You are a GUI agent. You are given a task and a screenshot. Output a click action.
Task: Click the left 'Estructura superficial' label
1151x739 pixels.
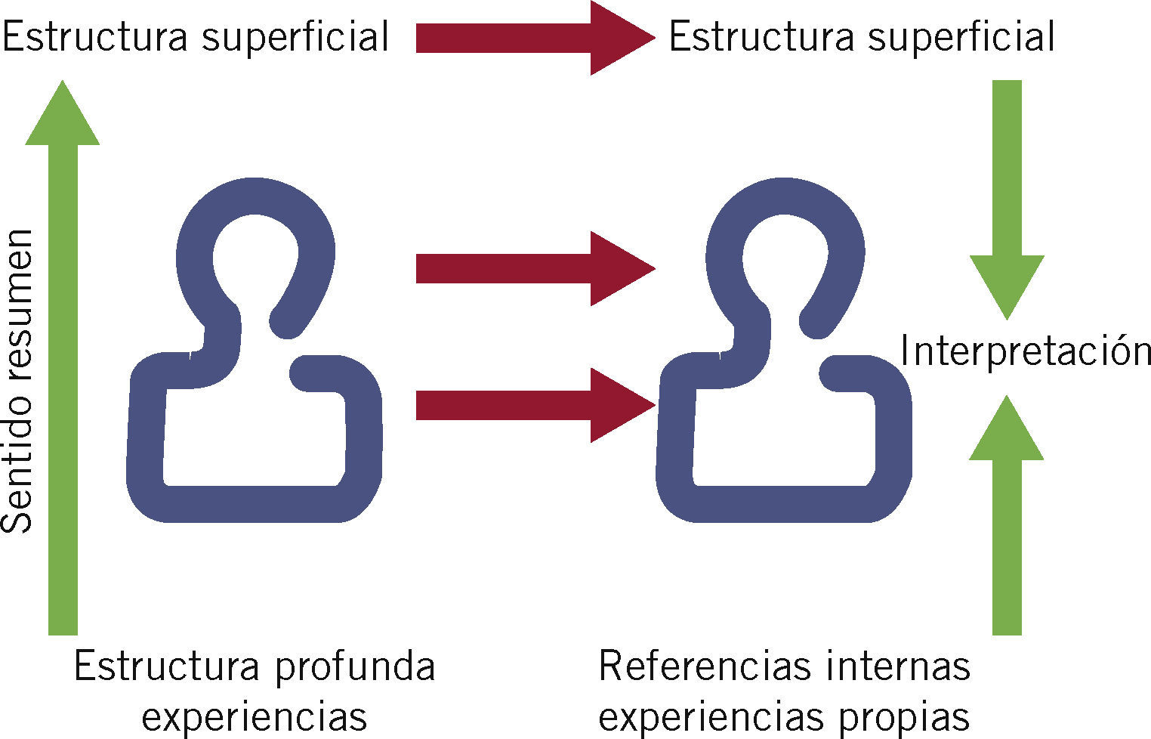[x=195, y=37]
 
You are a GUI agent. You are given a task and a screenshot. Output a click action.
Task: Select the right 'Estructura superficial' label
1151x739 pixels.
[x=861, y=37]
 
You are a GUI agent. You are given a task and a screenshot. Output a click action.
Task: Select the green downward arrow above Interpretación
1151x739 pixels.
[x=1006, y=196]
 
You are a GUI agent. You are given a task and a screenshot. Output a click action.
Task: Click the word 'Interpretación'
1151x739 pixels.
[x=1025, y=351]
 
